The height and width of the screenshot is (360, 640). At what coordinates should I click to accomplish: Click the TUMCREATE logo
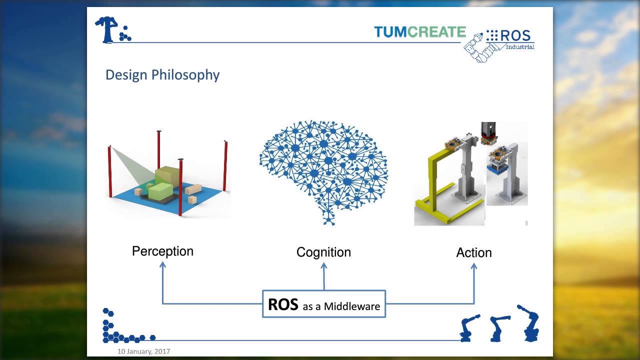coord(419,32)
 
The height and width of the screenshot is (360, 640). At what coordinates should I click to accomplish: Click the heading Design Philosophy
coord(162,75)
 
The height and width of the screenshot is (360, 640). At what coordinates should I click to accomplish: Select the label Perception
coord(162,251)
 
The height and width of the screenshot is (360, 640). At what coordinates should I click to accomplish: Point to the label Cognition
coord(323,252)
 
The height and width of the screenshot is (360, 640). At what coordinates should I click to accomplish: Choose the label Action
coord(473,252)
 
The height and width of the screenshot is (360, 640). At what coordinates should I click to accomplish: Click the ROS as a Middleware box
coord(324,304)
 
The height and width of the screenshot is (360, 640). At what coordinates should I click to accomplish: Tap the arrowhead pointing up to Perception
coord(162,265)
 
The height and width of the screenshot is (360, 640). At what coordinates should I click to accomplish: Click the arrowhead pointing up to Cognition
coord(324,266)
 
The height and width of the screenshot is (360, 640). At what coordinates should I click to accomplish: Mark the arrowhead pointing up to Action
coord(474,266)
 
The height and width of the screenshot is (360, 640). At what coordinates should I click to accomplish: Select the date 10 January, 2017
coord(143,351)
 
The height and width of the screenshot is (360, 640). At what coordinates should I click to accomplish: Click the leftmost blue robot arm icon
coord(469,327)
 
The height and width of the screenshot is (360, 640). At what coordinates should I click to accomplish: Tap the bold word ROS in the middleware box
coord(283,304)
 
